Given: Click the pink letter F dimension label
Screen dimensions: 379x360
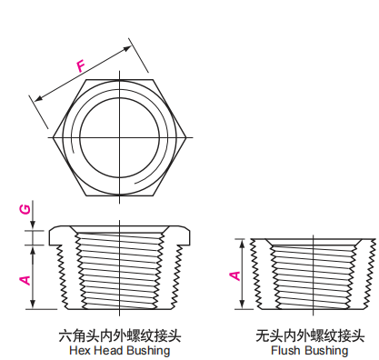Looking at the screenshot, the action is (x=81, y=66).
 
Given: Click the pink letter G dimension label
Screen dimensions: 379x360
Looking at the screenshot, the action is (x=25, y=209).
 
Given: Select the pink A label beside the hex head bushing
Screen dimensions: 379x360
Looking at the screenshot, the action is (x=25, y=280).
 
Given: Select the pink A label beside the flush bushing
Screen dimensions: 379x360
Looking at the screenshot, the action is (x=235, y=275).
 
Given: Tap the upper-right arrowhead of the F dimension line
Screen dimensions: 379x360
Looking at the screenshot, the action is (x=127, y=48).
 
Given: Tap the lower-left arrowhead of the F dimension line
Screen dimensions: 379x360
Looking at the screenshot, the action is (x=38, y=98).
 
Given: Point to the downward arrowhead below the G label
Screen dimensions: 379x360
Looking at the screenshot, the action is (x=33, y=225).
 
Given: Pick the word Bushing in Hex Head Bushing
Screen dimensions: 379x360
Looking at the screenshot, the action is (x=148, y=351).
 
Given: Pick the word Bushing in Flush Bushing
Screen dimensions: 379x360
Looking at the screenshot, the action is (x=325, y=351).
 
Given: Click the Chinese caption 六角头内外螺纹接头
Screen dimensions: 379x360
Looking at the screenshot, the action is (x=120, y=335).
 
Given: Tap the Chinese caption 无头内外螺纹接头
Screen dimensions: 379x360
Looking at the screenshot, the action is (x=310, y=335).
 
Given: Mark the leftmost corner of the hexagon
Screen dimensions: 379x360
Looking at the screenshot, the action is (x=53, y=137).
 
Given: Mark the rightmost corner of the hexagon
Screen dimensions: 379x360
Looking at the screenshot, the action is (x=185, y=137).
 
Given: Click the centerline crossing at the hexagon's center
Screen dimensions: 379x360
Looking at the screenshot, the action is (x=120, y=137).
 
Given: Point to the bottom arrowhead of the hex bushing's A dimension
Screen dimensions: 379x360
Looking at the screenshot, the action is (x=33, y=305).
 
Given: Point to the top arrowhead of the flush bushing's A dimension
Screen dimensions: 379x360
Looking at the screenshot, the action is (x=242, y=244).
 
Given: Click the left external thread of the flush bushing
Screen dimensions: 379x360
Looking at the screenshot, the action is (x=256, y=273).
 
